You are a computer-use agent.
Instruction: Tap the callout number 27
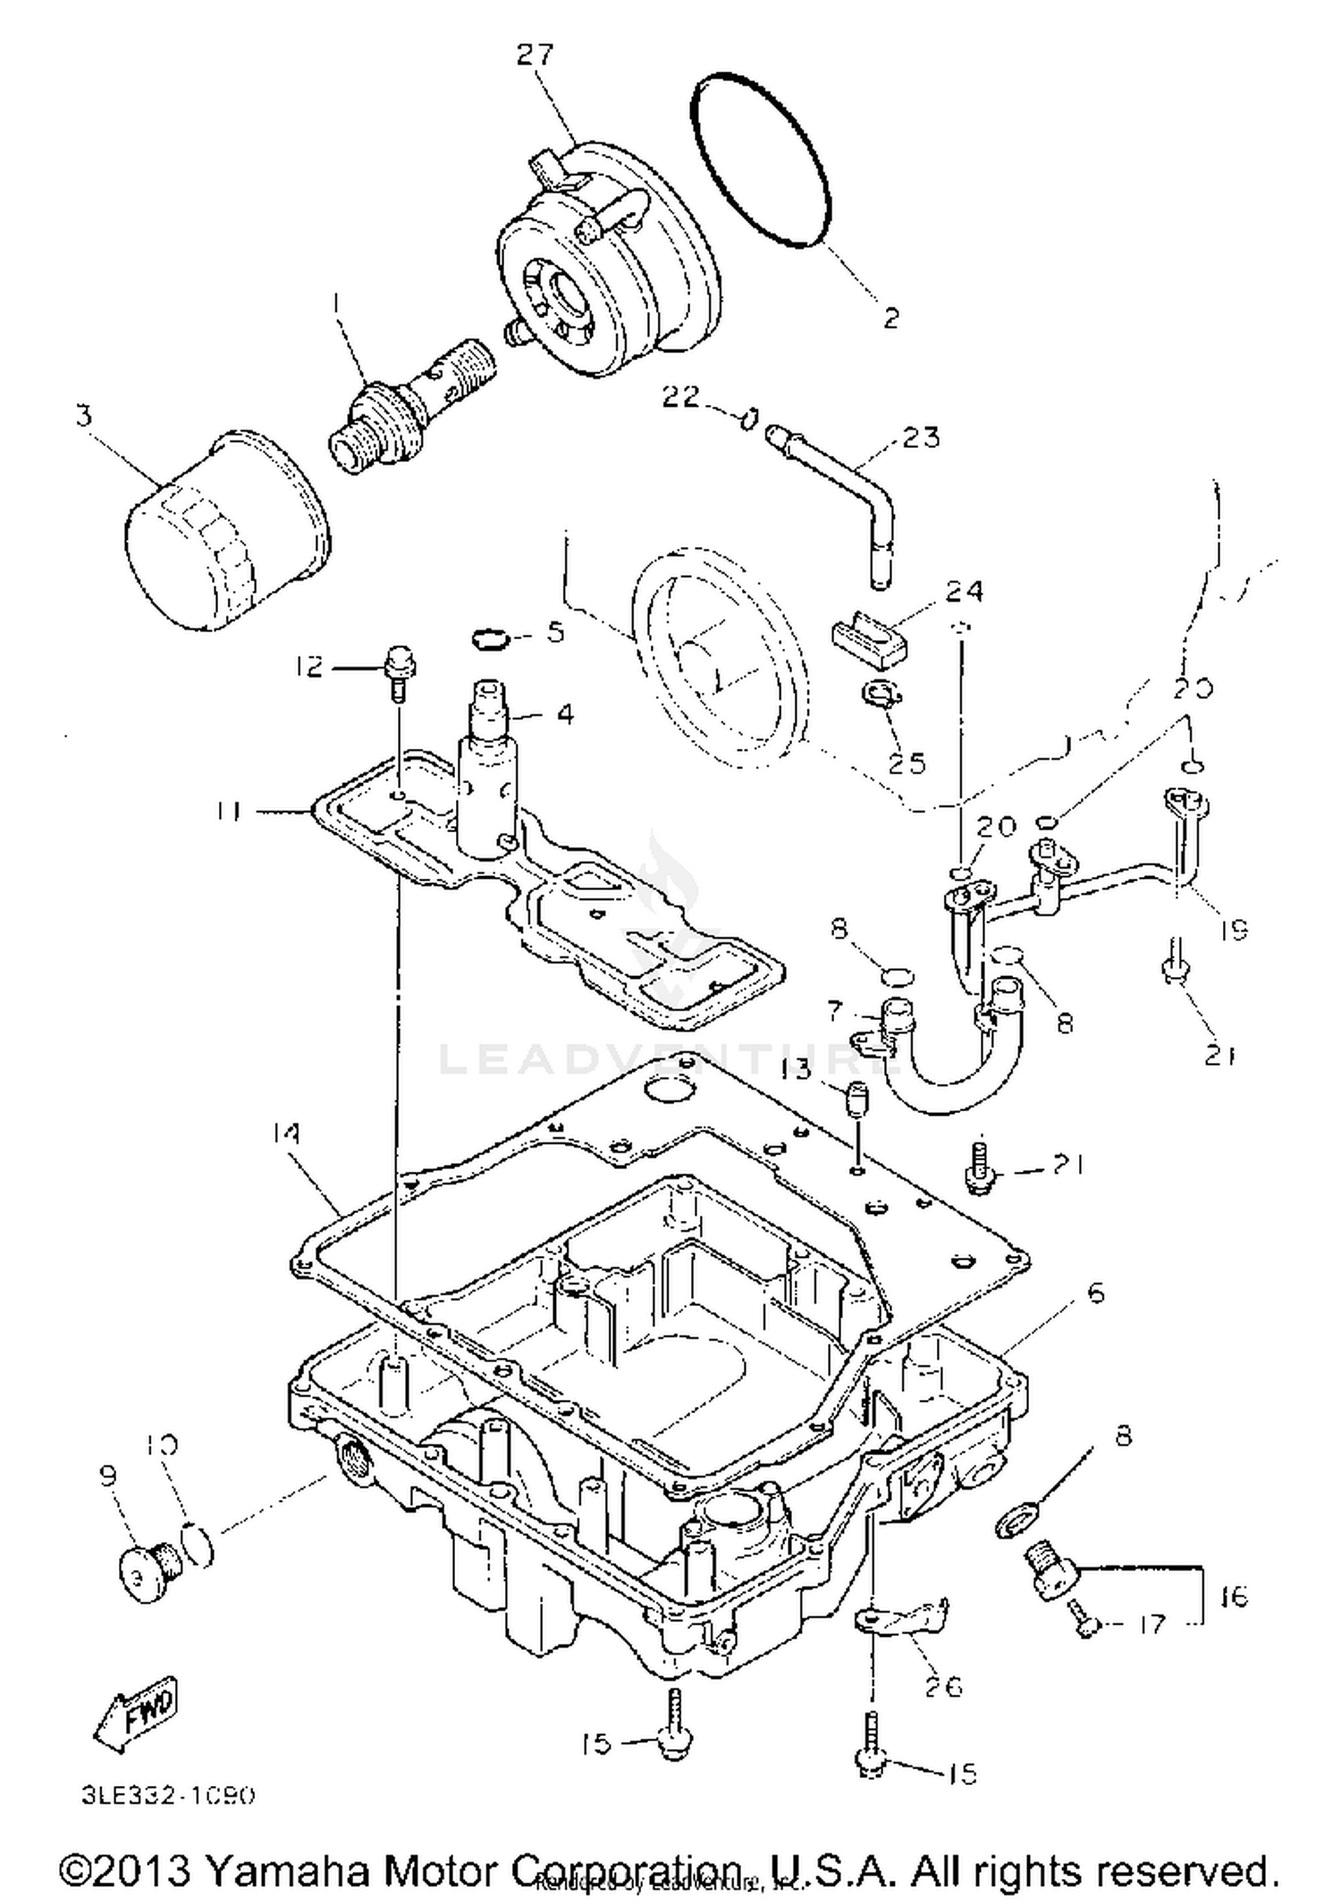point(536,55)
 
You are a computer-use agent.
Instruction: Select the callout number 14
point(285,1133)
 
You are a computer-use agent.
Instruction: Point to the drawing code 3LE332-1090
point(168,1796)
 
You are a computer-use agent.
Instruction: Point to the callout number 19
point(1233,930)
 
